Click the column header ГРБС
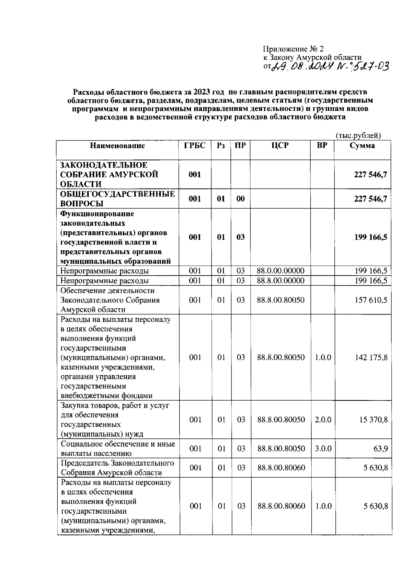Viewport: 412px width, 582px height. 195,146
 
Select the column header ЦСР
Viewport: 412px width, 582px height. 280,146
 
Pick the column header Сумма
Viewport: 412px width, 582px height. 362,146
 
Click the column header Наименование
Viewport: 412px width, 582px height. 117,146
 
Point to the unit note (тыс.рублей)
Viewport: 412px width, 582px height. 358,136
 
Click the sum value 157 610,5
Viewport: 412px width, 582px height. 371,300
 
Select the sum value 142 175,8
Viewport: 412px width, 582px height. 371,357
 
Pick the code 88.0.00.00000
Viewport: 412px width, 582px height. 281,271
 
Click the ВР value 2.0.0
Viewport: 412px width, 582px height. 323,420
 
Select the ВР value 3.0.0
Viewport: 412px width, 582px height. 323,448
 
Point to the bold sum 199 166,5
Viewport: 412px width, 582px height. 371,237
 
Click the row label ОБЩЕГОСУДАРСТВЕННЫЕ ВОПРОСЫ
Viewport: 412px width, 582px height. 117,199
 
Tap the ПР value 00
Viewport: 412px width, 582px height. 241,199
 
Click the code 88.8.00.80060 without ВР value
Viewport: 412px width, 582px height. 281,468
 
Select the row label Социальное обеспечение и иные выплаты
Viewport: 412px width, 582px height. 117,448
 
